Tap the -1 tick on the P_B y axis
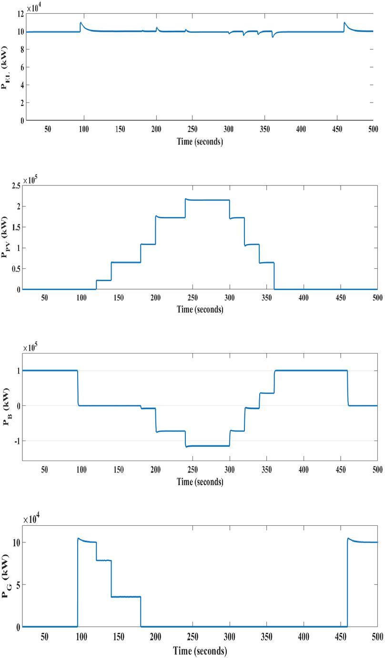pos(18,441)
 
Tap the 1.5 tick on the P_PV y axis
pos(14,227)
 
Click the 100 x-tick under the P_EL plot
pos(84,129)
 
